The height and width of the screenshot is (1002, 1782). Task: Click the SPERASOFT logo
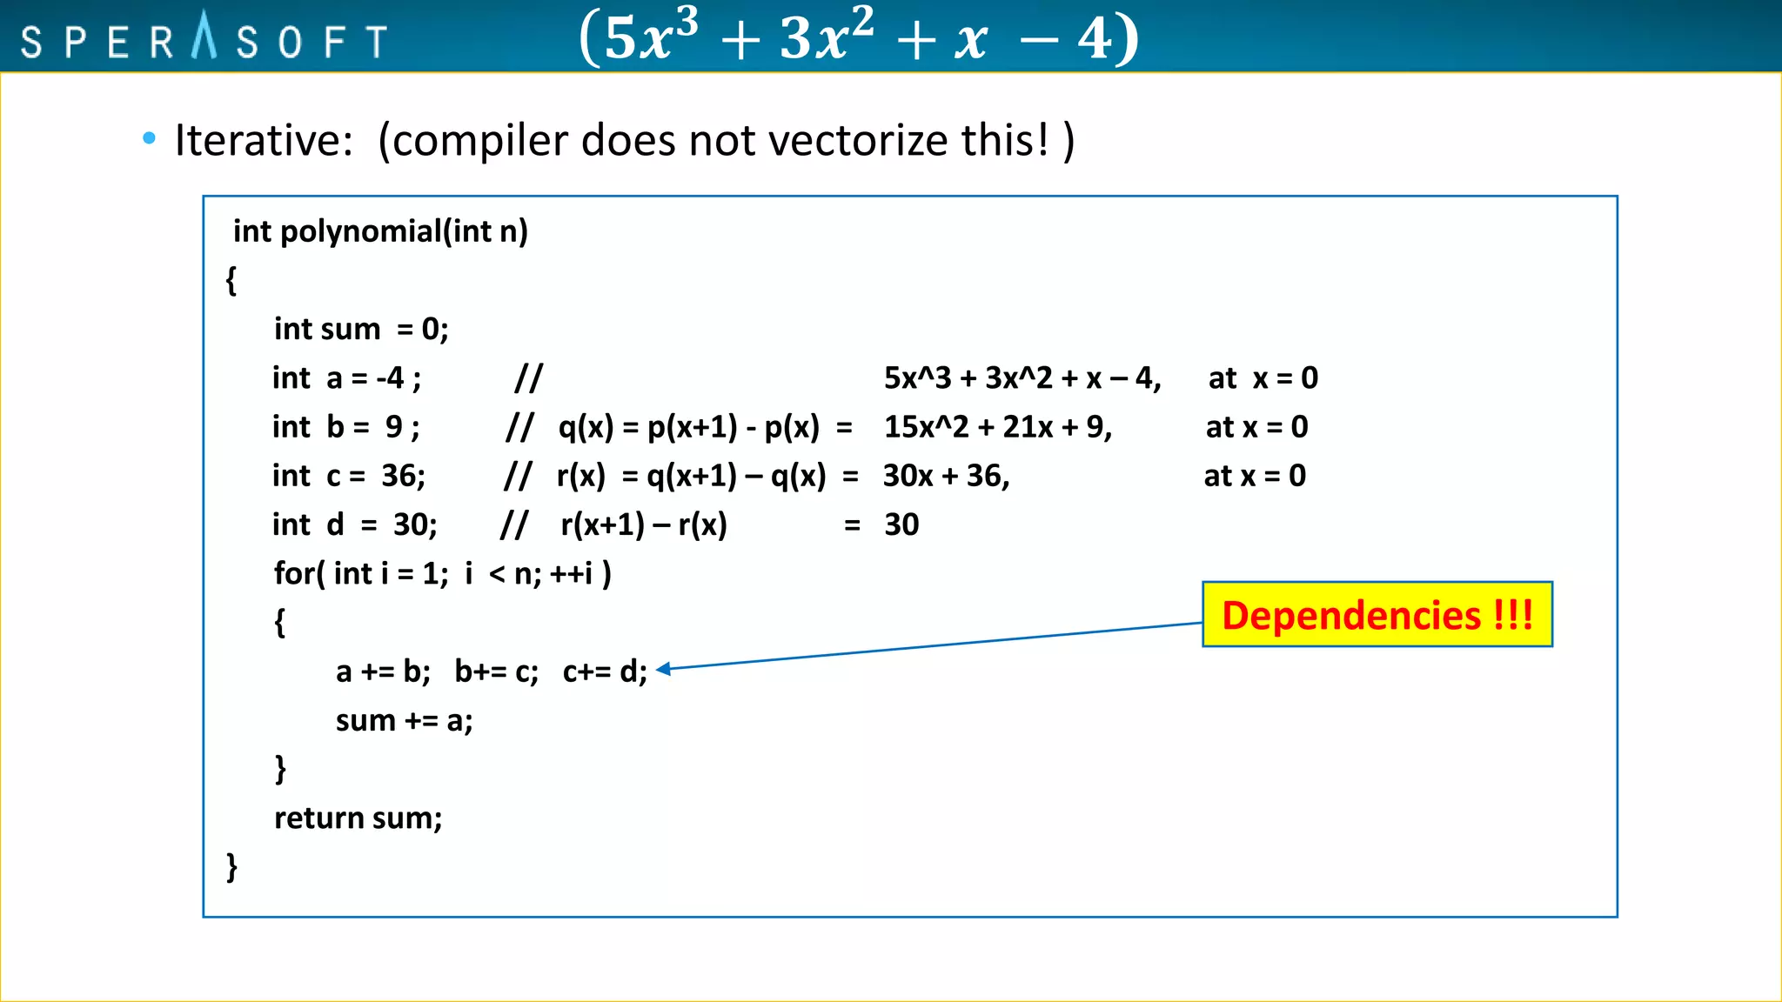[x=204, y=39]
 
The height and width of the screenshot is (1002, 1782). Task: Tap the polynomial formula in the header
[x=859, y=37]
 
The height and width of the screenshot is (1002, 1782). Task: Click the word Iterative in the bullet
[x=263, y=140]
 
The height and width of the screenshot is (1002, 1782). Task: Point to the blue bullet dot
[x=149, y=137]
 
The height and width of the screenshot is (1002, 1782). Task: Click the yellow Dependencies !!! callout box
[x=1377, y=615]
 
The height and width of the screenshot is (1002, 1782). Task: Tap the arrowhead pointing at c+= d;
[x=664, y=668]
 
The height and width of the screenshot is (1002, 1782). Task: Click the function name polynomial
[x=360, y=231]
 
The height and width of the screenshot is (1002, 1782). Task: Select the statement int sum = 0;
[x=361, y=329]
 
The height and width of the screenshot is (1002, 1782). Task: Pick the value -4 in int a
[x=391, y=378]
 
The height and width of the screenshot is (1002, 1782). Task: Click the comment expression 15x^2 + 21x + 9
[x=997, y=427]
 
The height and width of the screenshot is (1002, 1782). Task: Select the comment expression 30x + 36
[x=946, y=476]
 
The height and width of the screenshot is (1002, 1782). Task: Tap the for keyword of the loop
[x=292, y=573]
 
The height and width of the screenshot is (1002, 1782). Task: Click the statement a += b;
[x=383, y=671]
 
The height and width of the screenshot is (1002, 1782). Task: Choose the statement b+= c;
[x=496, y=671]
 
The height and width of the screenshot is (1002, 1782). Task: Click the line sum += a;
[x=404, y=720]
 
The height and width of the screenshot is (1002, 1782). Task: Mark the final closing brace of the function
[x=231, y=866]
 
